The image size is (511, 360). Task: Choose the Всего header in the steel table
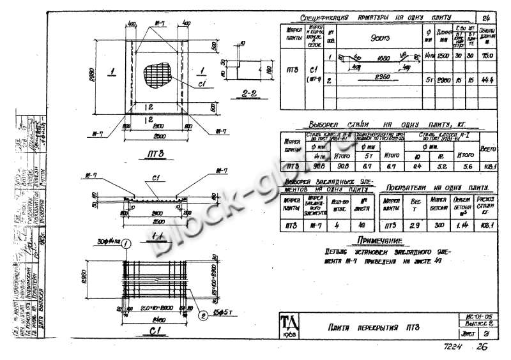(488, 148)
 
